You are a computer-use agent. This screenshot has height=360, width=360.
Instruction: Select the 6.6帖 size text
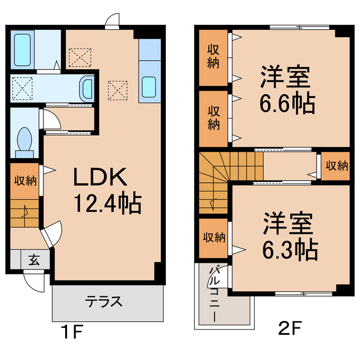tap(287, 103)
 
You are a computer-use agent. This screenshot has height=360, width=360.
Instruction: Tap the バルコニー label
tap(214, 295)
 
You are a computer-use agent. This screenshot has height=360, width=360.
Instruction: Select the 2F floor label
tap(290, 327)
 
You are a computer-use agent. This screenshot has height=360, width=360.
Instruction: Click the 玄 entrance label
tap(34, 260)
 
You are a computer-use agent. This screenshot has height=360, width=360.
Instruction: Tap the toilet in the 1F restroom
tap(24, 139)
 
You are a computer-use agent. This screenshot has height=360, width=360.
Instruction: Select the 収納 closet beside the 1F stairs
tap(25, 181)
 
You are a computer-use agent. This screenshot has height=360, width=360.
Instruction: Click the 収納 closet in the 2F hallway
tap(336, 166)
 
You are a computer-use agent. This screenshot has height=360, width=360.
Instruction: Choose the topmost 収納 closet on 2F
tap(213, 56)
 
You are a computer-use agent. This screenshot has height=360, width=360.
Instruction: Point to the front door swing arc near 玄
tap(35, 281)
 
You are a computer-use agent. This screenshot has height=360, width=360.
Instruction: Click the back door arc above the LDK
tap(112, 21)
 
